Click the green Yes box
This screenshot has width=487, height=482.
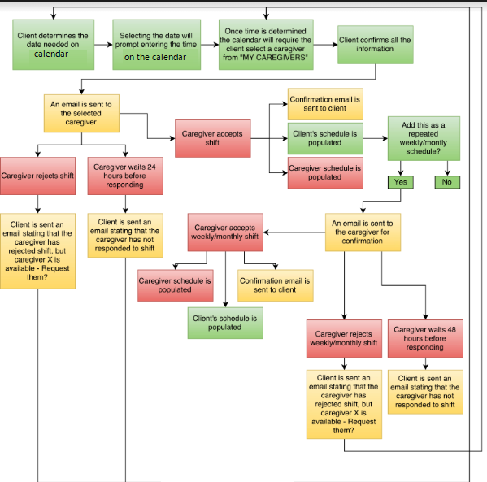pos(401,182)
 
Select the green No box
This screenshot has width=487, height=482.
pos(447,182)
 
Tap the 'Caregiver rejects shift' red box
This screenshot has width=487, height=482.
pos(37,176)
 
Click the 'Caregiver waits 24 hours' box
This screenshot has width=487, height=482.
pos(125,176)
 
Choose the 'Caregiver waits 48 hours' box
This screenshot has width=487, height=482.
pos(425,338)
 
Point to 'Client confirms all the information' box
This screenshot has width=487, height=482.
pos(375,45)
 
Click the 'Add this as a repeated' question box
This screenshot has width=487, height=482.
pos(424,138)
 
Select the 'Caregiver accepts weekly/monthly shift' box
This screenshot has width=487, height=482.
pos(225,232)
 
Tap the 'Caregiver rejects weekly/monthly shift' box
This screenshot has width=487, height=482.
pos(344,338)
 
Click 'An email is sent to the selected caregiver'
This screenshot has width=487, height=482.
pos(81,113)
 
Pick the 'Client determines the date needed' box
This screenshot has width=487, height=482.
pos(54,45)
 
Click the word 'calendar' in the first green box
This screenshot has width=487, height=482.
pos(51,54)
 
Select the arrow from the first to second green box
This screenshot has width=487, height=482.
pos(103,45)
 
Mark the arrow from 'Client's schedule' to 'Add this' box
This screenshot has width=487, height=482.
pos(376,138)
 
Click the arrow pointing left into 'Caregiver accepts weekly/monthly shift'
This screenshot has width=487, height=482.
pos(294,232)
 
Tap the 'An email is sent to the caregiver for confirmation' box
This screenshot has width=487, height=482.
pos(363,232)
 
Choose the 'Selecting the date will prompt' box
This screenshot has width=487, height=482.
pos(157,45)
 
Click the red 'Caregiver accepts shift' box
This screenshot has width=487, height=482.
pos(213,138)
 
